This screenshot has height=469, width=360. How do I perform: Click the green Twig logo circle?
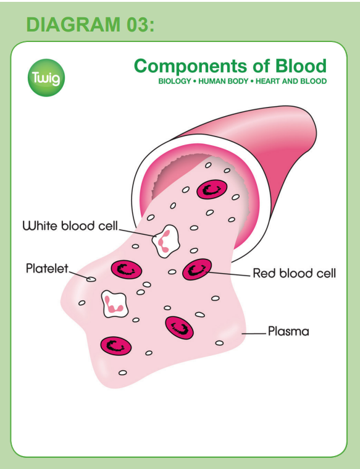coord(46,78)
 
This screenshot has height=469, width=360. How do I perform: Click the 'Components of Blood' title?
coord(230,66)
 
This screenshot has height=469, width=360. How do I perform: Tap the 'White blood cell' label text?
coord(70,226)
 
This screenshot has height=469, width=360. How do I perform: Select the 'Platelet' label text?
coord(48,268)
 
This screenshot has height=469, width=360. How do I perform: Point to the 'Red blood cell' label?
coord(294,273)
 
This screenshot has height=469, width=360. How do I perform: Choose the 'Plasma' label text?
coord(288,331)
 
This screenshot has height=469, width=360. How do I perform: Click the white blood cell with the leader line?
coord(165,242)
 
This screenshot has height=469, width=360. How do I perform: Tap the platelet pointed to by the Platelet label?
coord(91,279)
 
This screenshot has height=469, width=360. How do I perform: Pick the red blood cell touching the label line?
coord(197,269)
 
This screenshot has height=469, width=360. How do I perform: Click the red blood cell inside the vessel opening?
coord(212,189)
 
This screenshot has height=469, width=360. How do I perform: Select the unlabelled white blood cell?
coord(115,304)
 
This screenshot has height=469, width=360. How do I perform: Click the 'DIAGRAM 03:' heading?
coord(90,25)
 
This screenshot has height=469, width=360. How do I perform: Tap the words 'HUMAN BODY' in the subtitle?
coord(223,81)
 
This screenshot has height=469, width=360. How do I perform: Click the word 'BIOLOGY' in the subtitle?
coord(175,81)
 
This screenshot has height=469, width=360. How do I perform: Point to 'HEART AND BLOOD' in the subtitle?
coord(291,81)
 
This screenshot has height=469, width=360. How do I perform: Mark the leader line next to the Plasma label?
coord(254,333)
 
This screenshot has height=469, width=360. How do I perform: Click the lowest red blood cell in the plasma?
coord(115,346)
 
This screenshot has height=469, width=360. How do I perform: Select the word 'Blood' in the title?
coord(301,65)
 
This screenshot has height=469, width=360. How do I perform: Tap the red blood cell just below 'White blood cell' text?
coord(127,269)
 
